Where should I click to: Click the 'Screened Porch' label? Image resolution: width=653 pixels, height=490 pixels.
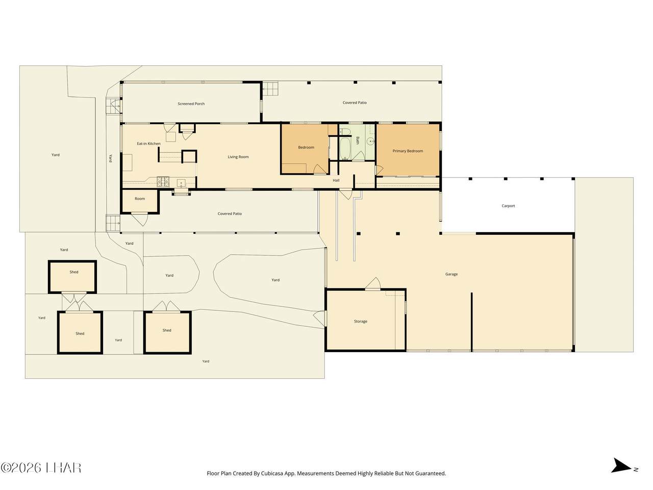coord(191,104)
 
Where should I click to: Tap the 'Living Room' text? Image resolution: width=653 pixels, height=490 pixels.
coord(238,157)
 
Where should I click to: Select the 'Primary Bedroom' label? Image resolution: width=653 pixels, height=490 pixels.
coord(408,151)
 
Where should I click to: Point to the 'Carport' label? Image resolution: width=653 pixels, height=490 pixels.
coord(508,206)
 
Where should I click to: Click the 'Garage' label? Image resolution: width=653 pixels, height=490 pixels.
coord(451,274)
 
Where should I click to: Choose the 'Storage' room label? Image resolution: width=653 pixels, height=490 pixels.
coord(361,322)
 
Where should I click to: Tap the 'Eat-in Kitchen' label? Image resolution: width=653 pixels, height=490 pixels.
coord(148,143)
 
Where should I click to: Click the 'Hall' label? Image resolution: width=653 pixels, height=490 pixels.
coord(336,180)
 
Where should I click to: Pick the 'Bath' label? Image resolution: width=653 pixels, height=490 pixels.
coord(357,140)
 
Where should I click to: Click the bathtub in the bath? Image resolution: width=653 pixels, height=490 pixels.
coord(345,149)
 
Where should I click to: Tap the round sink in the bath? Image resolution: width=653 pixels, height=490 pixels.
coord(370,141)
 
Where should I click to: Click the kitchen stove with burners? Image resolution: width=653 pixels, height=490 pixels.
coord(163,182)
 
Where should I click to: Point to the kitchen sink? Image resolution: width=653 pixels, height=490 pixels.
coord(181,183)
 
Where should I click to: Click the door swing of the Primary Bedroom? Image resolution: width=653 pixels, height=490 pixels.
coord(379,170)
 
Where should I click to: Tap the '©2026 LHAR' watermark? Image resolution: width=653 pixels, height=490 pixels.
coord(41,468)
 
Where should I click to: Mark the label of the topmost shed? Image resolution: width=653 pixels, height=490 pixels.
coord(74,272)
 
